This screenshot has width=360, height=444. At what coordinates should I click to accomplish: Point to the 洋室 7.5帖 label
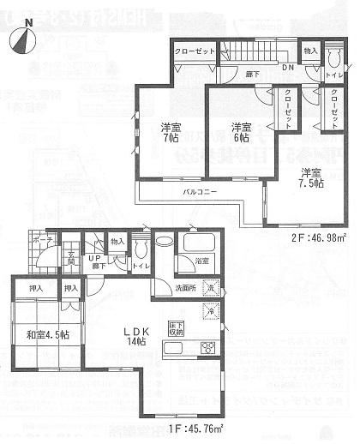[x=309, y=179]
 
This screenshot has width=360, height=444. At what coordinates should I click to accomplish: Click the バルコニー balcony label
[x=198, y=192]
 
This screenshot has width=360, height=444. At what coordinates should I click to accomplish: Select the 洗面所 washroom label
[x=185, y=287]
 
